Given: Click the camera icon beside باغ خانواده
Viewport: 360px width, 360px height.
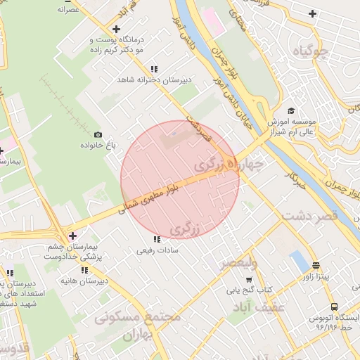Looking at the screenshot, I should pyautogui.click(x=98, y=135).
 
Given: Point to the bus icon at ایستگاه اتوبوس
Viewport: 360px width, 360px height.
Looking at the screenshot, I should pyautogui.click(x=334, y=307).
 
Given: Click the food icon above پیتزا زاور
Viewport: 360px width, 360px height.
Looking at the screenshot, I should pyautogui.click(x=316, y=266).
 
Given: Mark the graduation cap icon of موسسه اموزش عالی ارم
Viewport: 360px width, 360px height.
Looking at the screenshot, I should pyautogui.click(x=291, y=111).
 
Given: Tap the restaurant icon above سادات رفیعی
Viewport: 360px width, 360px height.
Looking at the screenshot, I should pyautogui.click(x=156, y=239).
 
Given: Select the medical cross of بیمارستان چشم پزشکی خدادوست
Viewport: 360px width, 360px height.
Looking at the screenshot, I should pyautogui.click(x=72, y=236).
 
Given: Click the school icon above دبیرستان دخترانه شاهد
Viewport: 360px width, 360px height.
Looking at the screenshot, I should pyautogui.click(x=124, y=79).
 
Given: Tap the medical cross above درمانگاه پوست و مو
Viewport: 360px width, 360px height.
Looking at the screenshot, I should pyautogui.click(x=116, y=28).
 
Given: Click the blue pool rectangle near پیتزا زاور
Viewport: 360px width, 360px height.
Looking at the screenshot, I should pyautogui.click(x=300, y=262).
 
